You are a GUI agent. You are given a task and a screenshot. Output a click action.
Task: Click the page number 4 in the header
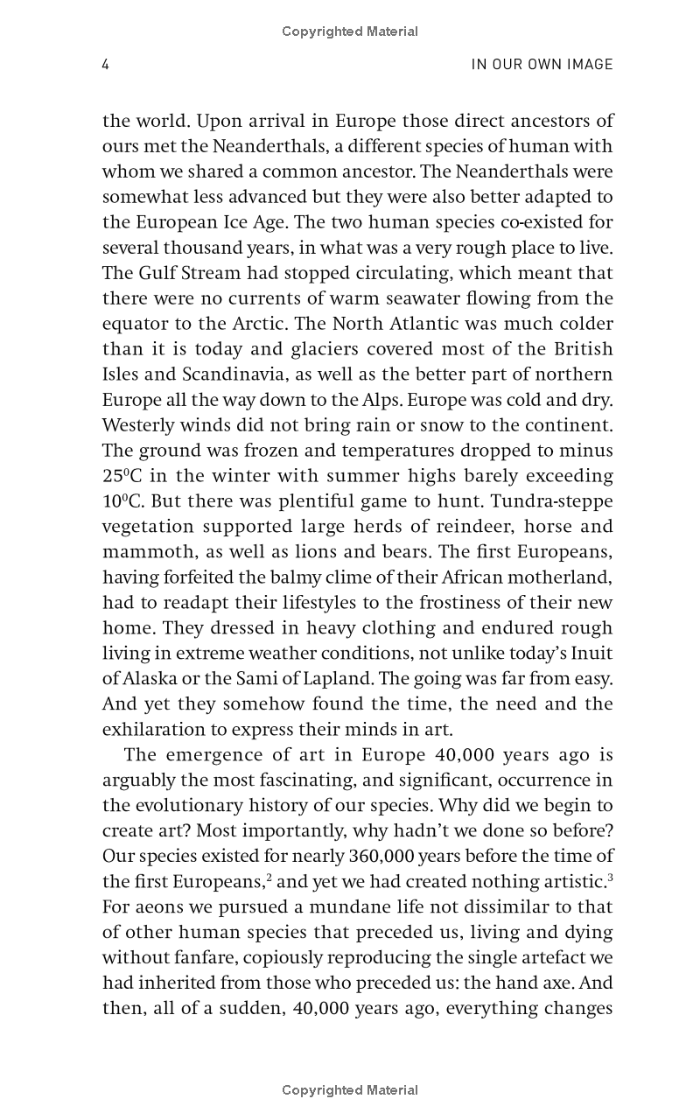(x=106, y=65)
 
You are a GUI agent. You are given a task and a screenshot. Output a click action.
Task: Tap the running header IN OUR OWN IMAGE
(x=542, y=65)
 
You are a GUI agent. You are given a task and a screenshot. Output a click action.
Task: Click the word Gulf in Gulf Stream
(x=156, y=273)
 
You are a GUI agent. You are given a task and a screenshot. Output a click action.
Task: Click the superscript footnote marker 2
(x=269, y=877)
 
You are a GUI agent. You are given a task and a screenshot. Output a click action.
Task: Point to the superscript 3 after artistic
(x=610, y=877)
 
